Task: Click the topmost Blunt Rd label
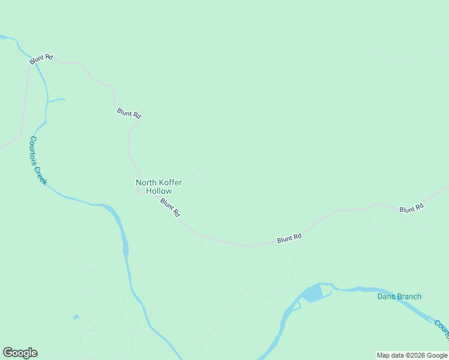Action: click(x=41, y=58)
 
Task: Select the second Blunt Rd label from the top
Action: click(x=129, y=113)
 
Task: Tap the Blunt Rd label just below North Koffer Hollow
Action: click(x=170, y=208)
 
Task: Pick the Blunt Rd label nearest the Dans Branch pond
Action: click(x=289, y=239)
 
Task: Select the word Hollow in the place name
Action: click(x=159, y=191)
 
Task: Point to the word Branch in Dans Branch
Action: click(x=410, y=296)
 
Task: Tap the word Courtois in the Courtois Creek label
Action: click(x=35, y=152)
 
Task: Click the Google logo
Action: click(x=20, y=353)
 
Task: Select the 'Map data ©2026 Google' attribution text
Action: click(x=412, y=355)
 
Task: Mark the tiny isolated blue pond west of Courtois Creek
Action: click(x=76, y=317)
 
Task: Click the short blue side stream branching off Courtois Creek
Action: click(x=56, y=100)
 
